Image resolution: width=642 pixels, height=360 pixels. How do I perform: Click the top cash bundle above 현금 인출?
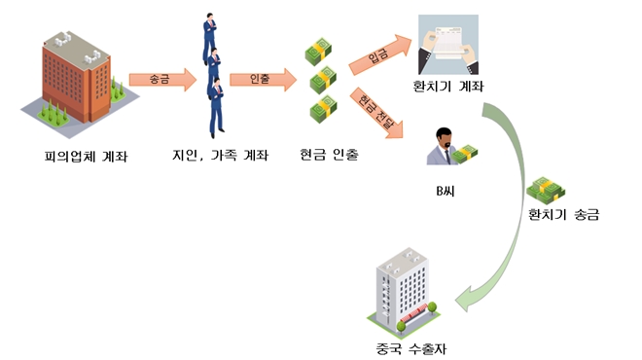(x=317, y=50)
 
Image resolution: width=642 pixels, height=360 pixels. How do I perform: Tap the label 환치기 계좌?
(x=448, y=89)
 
